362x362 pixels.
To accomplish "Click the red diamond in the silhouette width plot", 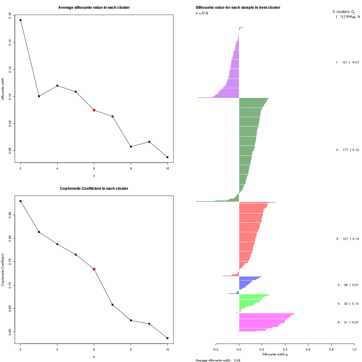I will tap(94, 110).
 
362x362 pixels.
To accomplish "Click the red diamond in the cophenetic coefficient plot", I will tap(94, 269).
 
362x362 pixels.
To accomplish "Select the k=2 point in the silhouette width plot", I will tap(21, 20).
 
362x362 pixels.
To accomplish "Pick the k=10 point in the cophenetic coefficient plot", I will tap(167, 338).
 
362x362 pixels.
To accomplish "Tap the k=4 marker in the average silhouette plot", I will tap(57, 86).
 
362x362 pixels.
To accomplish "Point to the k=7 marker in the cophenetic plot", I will tap(113, 305).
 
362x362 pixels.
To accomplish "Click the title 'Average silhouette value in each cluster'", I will tap(94, 8).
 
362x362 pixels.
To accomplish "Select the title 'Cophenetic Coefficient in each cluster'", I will tap(94, 189).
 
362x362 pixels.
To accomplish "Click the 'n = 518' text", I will tap(202, 13).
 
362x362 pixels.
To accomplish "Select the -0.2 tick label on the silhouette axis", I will tap(216, 350).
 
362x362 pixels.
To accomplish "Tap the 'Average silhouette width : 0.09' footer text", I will tap(218, 360).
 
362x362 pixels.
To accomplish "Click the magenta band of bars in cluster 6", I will tap(261, 323).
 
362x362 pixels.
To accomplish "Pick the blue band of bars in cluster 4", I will tap(245, 284).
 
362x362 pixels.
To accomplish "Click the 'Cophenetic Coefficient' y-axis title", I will tap(3, 270).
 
